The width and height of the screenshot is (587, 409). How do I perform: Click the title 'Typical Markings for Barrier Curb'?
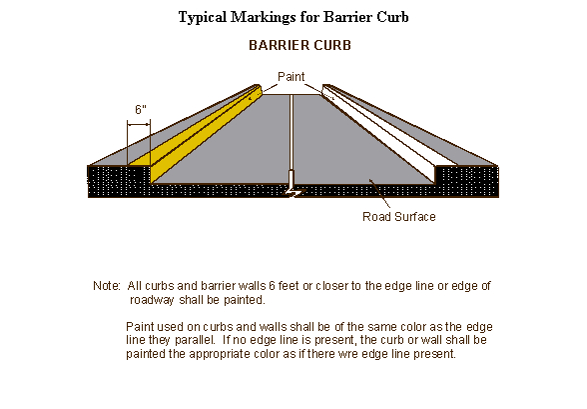pos(293,17)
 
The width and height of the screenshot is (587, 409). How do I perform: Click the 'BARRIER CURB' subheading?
pos(299,45)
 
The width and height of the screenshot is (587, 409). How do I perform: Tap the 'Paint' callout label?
pos(291,76)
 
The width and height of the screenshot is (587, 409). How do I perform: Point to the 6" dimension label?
pos(141,109)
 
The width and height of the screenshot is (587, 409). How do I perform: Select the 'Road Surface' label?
pos(399,217)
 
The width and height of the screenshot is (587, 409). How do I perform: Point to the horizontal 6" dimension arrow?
pos(139,126)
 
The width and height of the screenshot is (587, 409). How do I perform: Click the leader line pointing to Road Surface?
pos(379,193)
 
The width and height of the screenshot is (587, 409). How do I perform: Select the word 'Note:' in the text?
pos(107,286)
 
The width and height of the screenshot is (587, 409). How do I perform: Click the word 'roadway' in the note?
pos(152,300)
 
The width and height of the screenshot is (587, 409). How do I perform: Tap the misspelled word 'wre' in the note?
pos(339,354)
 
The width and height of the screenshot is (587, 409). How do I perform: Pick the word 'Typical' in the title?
pos(203,18)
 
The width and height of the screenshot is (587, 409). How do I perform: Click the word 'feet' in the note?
pos(289,286)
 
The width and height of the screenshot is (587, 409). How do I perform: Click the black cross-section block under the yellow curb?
pos(119,181)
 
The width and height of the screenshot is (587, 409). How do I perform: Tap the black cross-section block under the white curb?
pos(467,181)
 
